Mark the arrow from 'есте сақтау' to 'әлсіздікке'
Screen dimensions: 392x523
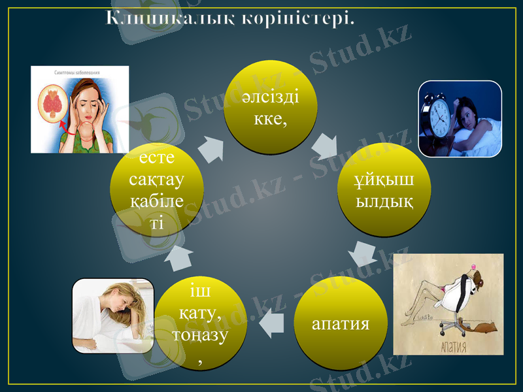pos(211,150)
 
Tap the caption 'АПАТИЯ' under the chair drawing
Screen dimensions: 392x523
pos(450,345)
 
